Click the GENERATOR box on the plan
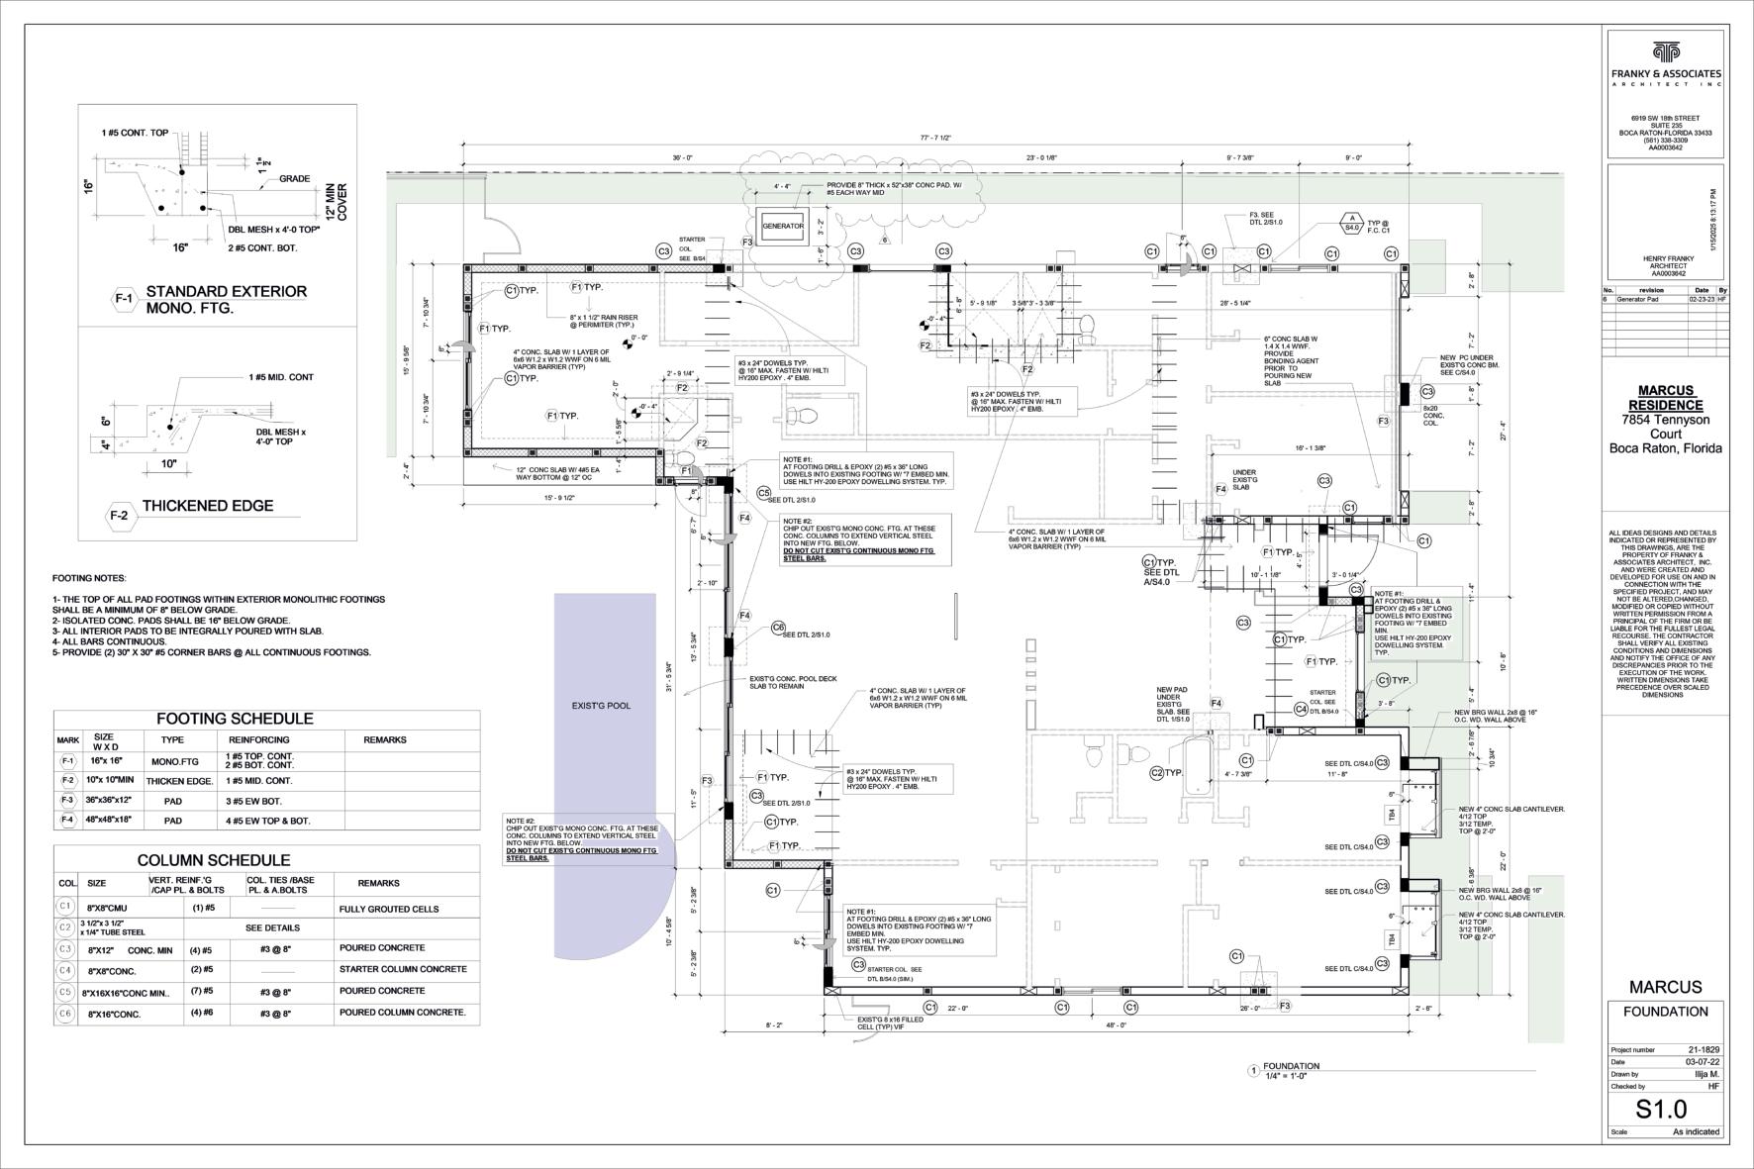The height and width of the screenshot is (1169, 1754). coord(783,227)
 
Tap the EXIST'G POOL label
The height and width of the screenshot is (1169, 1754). coord(601,706)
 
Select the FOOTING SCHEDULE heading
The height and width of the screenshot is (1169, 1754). coord(235,719)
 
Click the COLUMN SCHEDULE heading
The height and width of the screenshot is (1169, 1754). coord(214,860)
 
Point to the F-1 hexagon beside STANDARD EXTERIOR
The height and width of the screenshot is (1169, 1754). coord(124,299)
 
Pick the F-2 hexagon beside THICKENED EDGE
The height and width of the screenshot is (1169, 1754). coord(119,516)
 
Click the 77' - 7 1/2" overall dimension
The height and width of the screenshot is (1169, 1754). coord(934,139)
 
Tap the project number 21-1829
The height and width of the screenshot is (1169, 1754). coord(1704,1049)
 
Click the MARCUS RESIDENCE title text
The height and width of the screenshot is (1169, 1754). coord(1665,398)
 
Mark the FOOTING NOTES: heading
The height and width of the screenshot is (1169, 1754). coord(89,578)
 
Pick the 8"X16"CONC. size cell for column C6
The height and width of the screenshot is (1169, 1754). coord(114,1015)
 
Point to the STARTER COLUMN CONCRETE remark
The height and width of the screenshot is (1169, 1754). coord(402,969)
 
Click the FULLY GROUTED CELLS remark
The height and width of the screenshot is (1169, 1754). coord(388,909)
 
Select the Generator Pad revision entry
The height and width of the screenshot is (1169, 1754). coord(1639,299)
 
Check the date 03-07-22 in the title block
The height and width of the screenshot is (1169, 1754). coord(1704,1062)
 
